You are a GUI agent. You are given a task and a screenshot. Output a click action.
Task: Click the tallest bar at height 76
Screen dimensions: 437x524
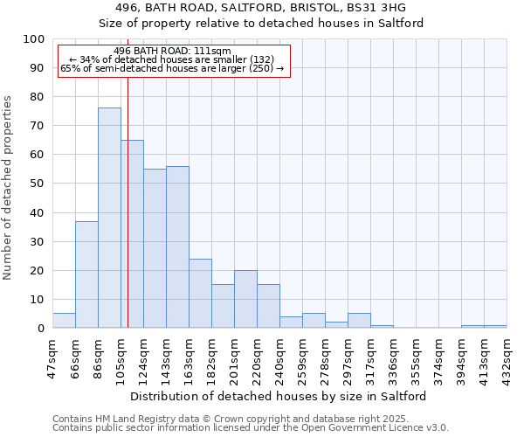click(x=109, y=218)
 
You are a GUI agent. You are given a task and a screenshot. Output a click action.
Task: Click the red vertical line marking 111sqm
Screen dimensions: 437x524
click(x=128, y=192)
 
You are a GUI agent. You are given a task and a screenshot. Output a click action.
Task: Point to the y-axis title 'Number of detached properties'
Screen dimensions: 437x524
click(x=9, y=188)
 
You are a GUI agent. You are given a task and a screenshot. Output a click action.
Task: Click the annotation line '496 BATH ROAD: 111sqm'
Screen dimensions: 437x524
click(x=172, y=52)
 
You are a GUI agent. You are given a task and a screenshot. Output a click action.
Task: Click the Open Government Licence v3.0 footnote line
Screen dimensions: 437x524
click(x=250, y=428)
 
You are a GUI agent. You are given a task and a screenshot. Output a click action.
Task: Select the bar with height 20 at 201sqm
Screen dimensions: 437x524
click(x=245, y=300)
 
